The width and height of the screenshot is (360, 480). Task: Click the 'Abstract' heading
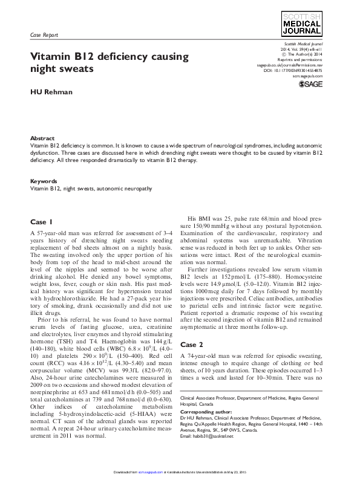pyautogui.click(x=42, y=138)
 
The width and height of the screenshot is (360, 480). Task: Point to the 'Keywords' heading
pyautogui.click(x=44, y=181)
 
